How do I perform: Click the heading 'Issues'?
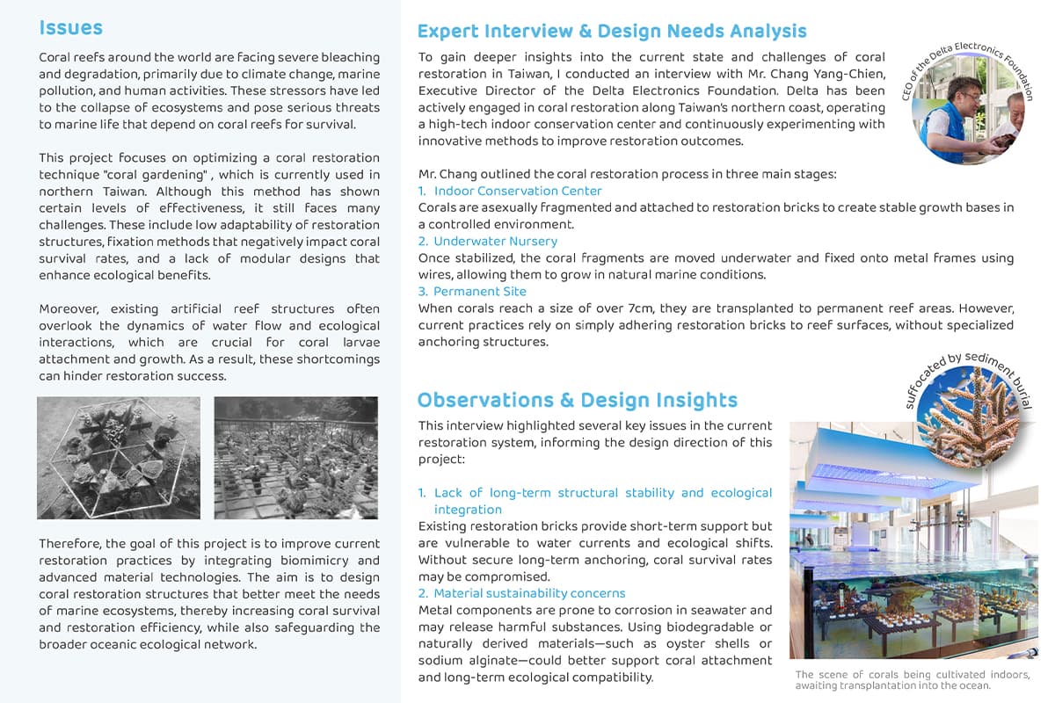pyautogui.click(x=70, y=28)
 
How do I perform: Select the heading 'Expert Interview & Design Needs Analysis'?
pyautogui.click(x=612, y=32)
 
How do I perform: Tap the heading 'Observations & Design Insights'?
pyautogui.click(x=577, y=401)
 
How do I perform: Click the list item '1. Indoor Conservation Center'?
pyautogui.click(x=511, y=191)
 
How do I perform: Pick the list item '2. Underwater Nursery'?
pyautogui.click(x=488, y=241)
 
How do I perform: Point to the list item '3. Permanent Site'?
pyautogui.click(x=472, y=291)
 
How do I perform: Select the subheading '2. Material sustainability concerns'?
pyautogui.click(x=522, y=593)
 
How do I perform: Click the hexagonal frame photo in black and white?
pyautogui.click(x=119, y=458)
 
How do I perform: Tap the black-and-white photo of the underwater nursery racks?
pyautogui.click(x=295, y=458)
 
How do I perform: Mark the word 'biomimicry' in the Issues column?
pyautogui.click(x=341, y=561)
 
